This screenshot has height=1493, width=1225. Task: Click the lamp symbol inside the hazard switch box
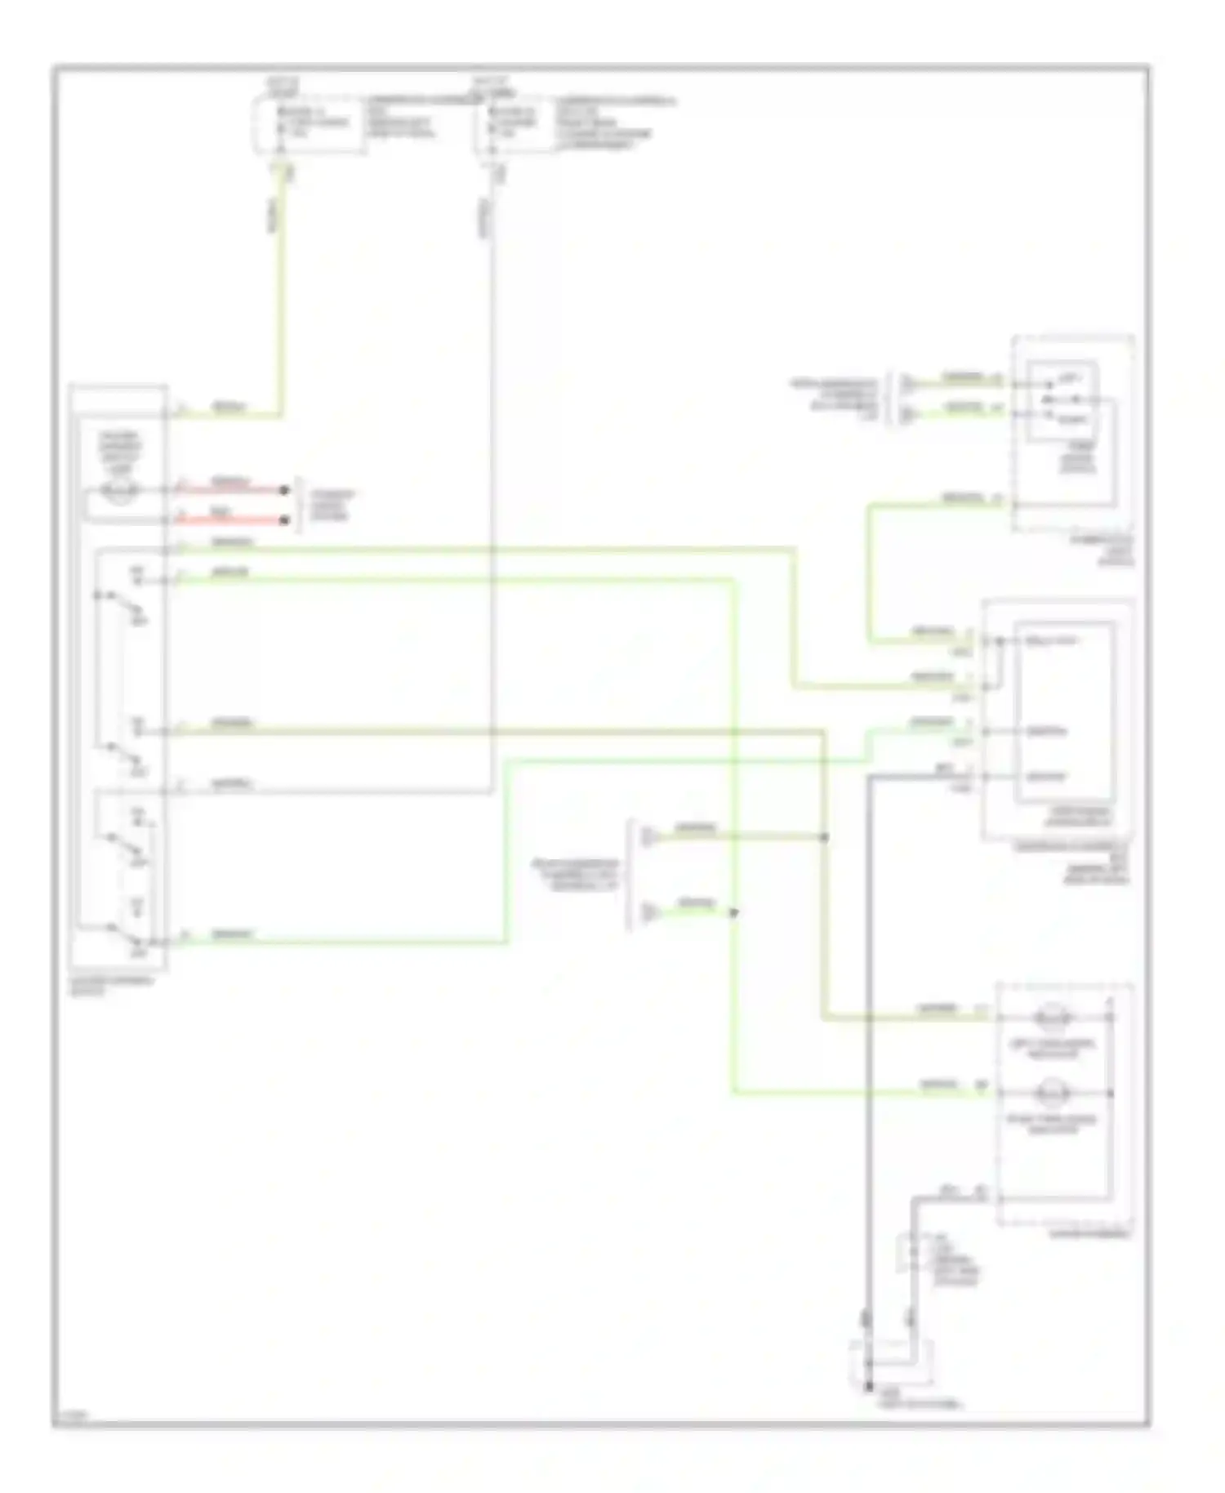(x=119, y=490)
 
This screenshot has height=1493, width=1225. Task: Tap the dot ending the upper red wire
(x=284, y=490)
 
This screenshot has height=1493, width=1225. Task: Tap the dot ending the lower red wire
(x=284, y=520)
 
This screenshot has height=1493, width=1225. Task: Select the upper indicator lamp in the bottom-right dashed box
(x=1053, y=1018)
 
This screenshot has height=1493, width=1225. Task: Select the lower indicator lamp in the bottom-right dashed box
(x=1053, y=1093)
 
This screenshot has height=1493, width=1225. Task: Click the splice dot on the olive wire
(x=824, y=837)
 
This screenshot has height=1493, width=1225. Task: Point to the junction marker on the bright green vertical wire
(x=733, y=912)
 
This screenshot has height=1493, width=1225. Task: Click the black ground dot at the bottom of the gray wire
(x=869, y=1387)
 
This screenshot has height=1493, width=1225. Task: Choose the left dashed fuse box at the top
(x=308, y=123)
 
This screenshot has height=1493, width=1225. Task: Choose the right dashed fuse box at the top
(x=516, y=123)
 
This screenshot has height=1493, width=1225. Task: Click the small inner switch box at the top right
(x=1062, y=401)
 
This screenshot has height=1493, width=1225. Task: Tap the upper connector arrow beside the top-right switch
(x=907, y=383)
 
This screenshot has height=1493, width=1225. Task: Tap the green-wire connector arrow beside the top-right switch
(x=907, y=415)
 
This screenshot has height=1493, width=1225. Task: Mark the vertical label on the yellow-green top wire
(x=274, y=214)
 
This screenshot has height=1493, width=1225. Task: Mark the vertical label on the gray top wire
(x=483, y=216)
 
